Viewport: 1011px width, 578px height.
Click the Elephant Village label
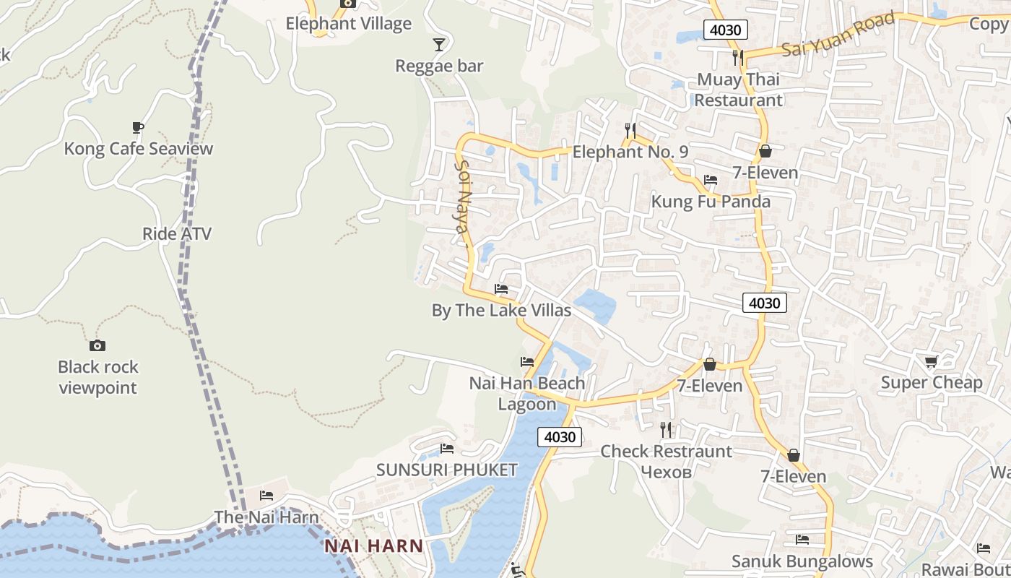[x=348, y=23]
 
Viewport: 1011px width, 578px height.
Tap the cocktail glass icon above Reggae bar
[x=438, y=45]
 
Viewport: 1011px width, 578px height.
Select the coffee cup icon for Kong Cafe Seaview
[x=138, y=128]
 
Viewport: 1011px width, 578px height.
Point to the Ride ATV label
[x=177, y=233]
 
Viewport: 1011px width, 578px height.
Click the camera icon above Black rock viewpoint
[x=97, y=346]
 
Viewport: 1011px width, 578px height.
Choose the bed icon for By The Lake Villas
[x=501, y=289]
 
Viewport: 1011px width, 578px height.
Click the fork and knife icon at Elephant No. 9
[x=630, y=130]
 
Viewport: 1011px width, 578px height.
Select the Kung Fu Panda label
[x=711, y=201]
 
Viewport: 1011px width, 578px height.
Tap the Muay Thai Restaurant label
[x=738, y=90]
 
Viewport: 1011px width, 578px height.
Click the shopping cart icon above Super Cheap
[x=931, y=361]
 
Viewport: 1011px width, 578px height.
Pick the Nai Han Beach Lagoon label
[x=527, y=393]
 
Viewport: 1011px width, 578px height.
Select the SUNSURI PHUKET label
[x=447, y=470]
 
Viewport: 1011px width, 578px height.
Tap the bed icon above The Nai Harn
[x=266, y=496]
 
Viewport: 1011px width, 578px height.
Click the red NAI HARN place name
[x=373, y=545]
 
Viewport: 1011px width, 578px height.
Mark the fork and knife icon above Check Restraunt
[x=666, y=430]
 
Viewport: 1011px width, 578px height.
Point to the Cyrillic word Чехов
[x=666, y=472]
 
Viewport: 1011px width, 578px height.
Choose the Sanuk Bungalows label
[x=802, y=561]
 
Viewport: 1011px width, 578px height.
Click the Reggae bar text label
[x=439, y=66]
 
